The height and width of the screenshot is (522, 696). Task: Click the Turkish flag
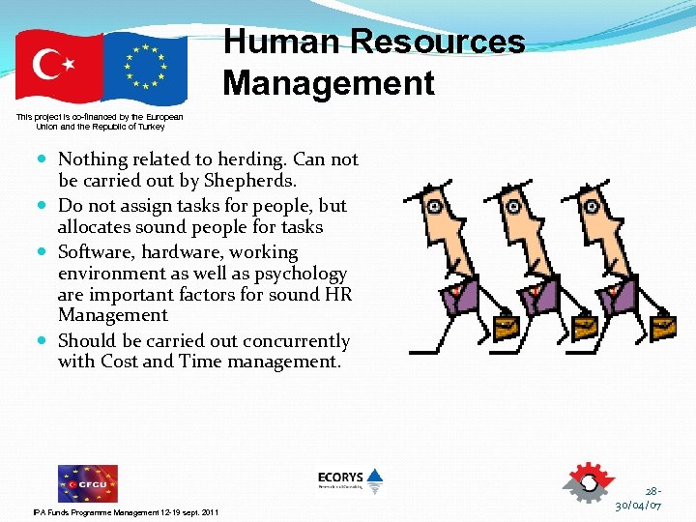click(x=58, y=67)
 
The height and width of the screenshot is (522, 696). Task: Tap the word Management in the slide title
click(x=329, y=83)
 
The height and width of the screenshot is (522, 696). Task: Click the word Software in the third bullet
click(x=97, y=252)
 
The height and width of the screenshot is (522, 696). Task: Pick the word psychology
click(x=300, y=274)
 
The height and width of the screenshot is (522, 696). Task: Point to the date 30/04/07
click(x=638, y=506)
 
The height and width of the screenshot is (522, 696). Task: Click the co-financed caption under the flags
click(x=101, y=122)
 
